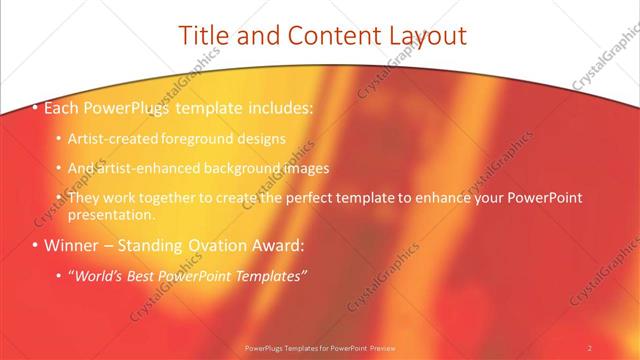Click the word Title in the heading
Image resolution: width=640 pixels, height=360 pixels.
pyautogui.click(x=200, y=35)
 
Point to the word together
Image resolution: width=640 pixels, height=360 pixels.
pyautogui.click(x=178, y=198)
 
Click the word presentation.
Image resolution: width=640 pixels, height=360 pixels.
pyautogui.click(x=113, y=214)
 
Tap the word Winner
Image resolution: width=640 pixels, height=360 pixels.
pyautogui.click(x=73, y=245)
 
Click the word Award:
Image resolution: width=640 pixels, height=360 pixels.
pyautogui.click(x=277, y=245)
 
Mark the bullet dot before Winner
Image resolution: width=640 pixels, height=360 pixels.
pyautogui.click(x=36, y=245)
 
